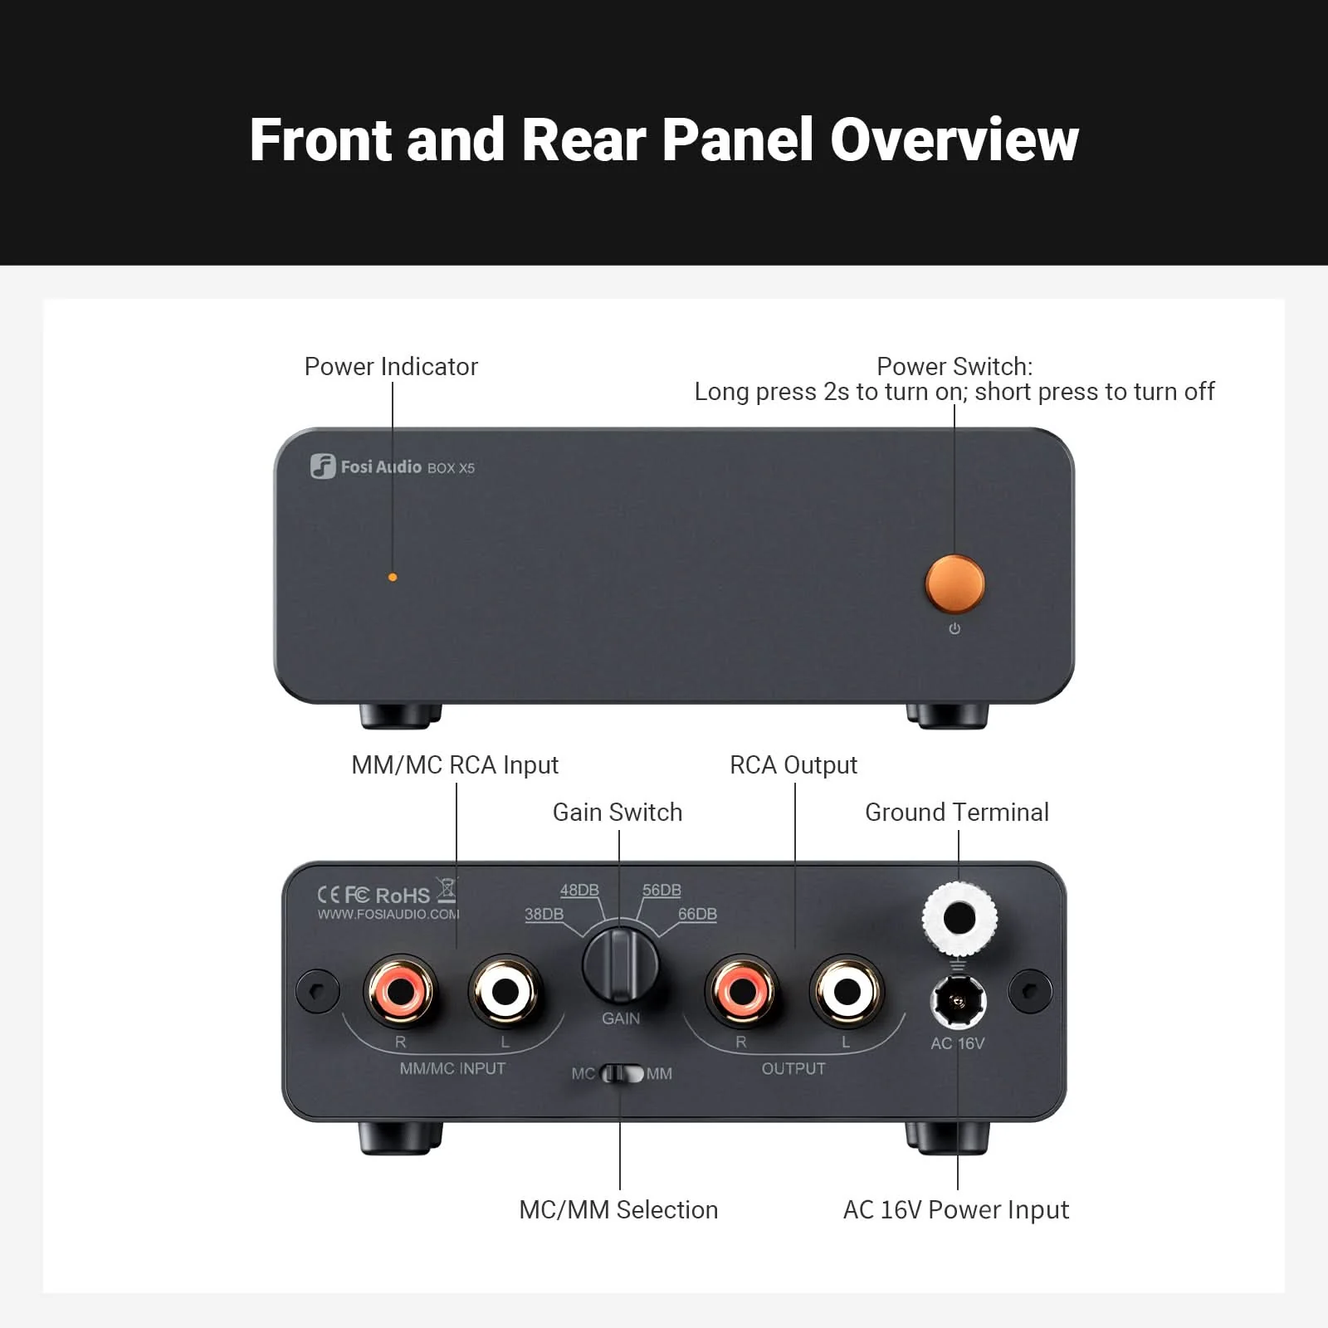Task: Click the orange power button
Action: [954, 583]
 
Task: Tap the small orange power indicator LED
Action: [393, 577]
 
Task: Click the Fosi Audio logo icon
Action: [323, 466]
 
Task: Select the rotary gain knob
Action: [620, 964]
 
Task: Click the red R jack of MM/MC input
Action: [399, 990]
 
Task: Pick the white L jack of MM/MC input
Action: [505, 991]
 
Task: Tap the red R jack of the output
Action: [741, 990]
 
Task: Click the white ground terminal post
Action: [959, 919]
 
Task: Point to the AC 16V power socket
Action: [958, 1001]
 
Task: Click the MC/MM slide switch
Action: [622, 1074]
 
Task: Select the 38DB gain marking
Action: [544, 914]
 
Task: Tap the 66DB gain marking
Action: [697, 914]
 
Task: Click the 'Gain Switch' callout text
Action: [618, 812]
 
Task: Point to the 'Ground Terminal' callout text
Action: [956, 812]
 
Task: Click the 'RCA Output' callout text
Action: [793, 764]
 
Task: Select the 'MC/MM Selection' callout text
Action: [618, 1209]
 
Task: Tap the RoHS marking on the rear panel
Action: [403, 895]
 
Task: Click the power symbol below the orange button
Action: [954, 628]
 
